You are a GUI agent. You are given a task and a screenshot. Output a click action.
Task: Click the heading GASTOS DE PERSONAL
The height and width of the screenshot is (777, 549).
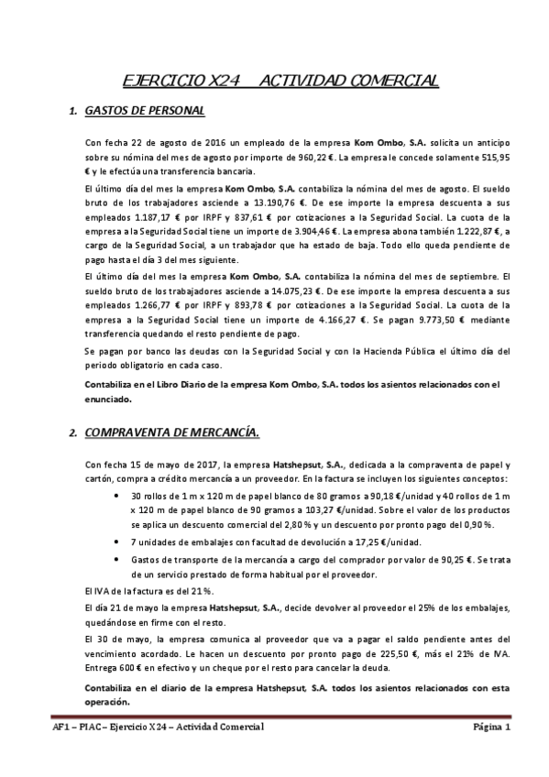(x=144, y=112)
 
